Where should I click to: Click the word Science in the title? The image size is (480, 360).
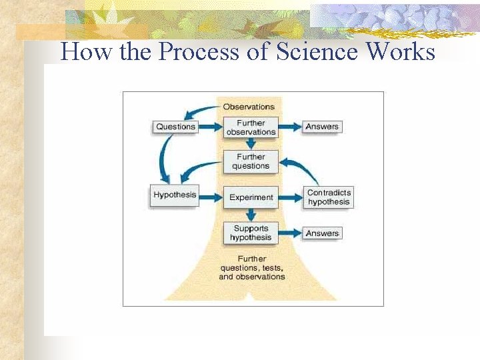point(332,51)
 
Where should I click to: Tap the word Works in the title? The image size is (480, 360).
point(405,51)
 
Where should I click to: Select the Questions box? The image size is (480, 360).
point(175,127)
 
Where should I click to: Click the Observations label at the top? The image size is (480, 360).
point(249,107)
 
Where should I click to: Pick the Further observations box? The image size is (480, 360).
point(251,127)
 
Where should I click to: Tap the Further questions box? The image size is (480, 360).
point(251,162)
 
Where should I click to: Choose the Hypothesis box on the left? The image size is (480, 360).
point(175,195)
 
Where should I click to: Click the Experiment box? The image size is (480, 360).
point(251,197)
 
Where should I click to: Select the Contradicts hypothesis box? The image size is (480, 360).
point(329,197)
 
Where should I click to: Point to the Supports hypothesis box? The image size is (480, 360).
point(251,233)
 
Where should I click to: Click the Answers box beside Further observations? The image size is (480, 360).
point(322,127)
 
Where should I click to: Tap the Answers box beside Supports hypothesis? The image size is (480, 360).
point(322,233)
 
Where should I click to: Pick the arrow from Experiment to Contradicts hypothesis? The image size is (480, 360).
point(291,197)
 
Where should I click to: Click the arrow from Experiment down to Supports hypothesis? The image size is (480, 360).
point(251,215)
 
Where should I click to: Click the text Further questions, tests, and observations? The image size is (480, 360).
point(251,268)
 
